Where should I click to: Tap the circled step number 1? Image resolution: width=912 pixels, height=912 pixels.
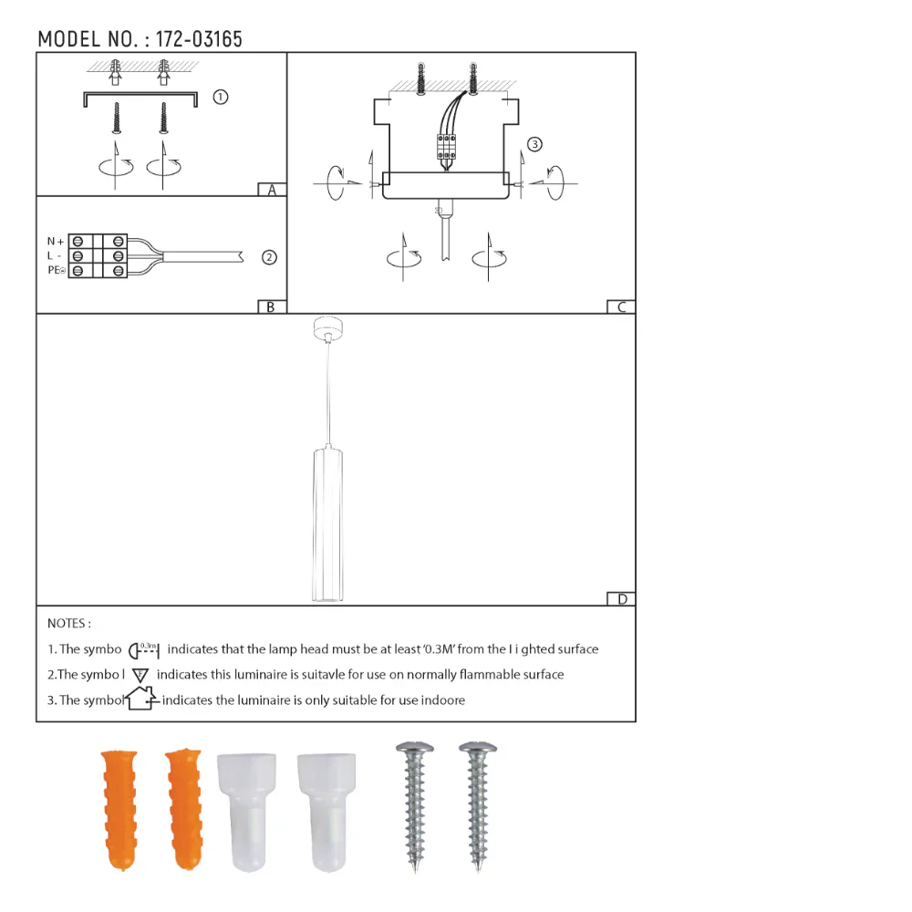point(220,97)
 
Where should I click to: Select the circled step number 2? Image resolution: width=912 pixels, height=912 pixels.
point(269,257)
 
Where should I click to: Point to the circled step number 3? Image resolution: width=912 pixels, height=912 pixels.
point(534,144)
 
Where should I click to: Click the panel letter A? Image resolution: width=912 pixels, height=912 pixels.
point(271,191)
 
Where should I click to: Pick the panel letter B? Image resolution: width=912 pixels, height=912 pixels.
point(270,307)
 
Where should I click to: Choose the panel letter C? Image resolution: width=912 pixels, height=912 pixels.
point(621,307)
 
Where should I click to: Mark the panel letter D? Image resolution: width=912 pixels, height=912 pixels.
point(621,599)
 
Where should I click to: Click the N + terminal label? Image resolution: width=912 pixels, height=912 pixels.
point(56,242)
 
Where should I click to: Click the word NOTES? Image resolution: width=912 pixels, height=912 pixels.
point(69,624)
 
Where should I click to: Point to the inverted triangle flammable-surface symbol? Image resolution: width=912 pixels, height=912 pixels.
point(140,676)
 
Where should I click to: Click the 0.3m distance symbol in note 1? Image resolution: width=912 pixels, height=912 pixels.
point(144,650)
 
